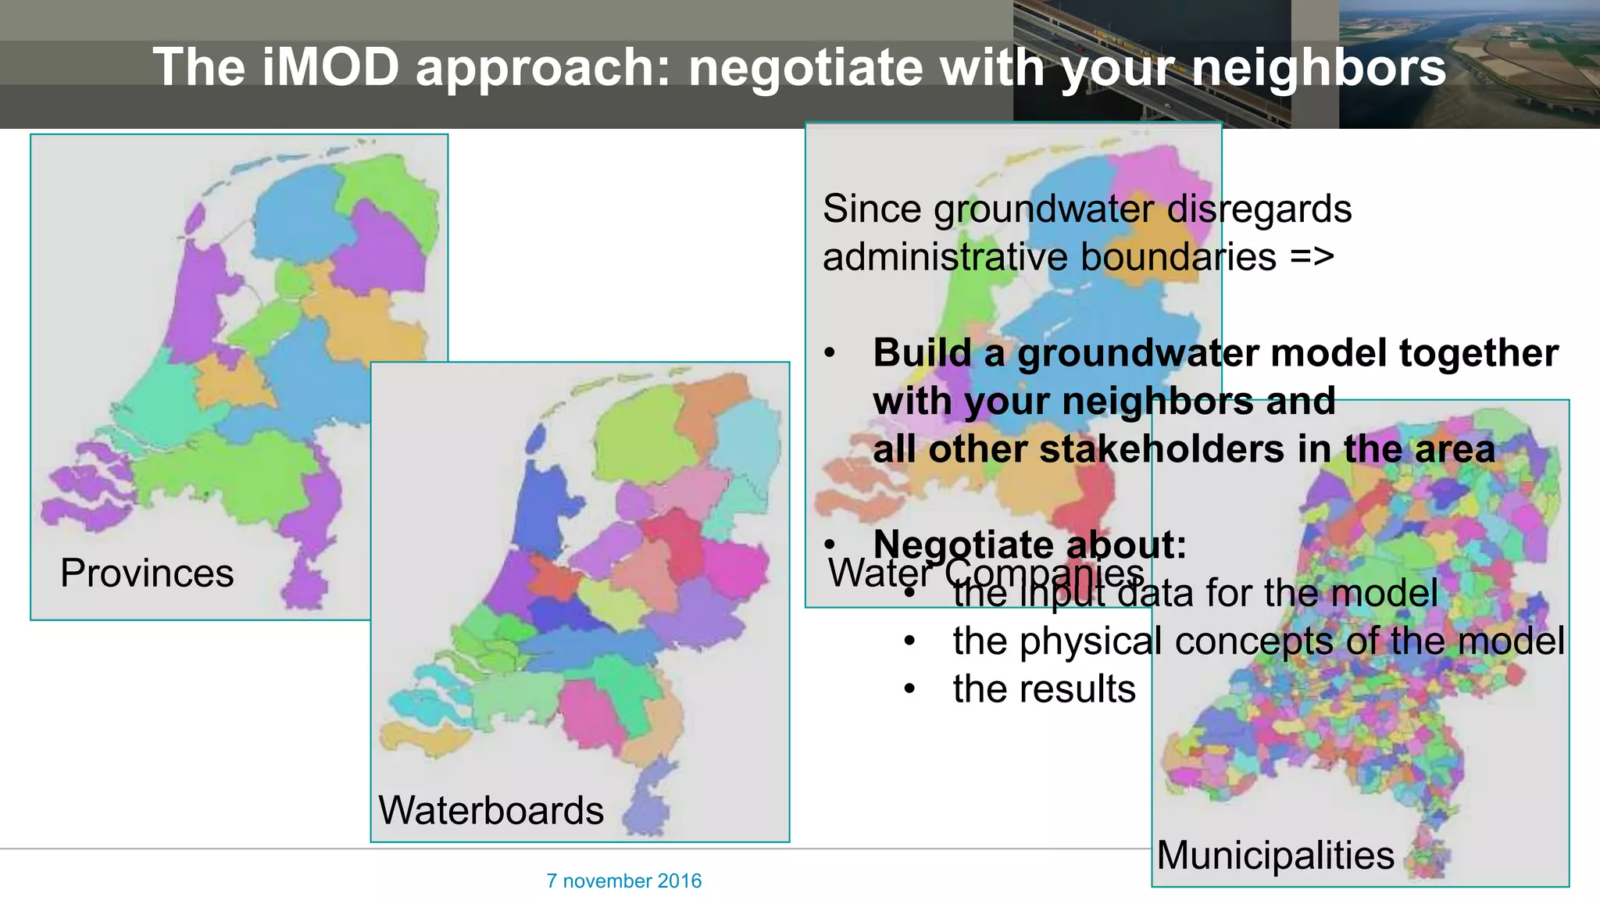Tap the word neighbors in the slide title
tap(1319, 67)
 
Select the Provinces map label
tap(147, 573)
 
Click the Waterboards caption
tap(491, 810)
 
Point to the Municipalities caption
tap(1275, 855)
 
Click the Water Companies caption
tap(986, 573)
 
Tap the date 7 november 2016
tap(623, 881)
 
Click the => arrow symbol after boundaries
tap(1312, 257)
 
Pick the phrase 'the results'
tap(1044, 689)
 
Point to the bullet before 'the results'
tap(909, 689)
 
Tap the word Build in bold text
tap(922, 353)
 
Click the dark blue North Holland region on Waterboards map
tap(546, 500)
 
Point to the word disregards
tap(1259, 209)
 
